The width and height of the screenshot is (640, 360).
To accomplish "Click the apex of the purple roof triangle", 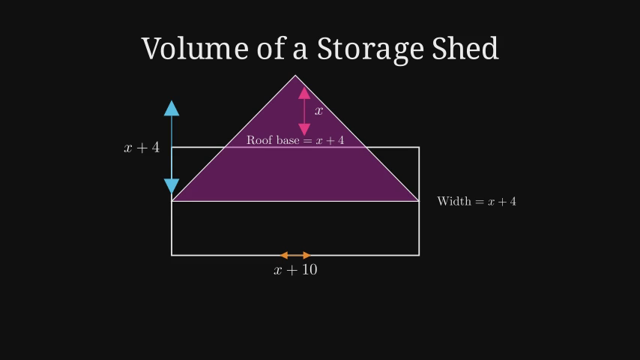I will coord(295,76).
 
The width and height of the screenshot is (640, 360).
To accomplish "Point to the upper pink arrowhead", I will coord(304,93).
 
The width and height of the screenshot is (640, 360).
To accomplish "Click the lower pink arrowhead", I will coord(304,129).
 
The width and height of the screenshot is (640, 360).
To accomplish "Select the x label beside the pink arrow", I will coord(319,111).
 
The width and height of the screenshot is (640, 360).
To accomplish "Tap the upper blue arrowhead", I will coord(172,108).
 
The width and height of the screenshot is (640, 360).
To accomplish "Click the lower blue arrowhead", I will coord(172,187).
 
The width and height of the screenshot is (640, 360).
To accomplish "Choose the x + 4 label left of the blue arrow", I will coord(142,148).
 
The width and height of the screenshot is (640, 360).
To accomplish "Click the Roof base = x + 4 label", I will coord(295,140).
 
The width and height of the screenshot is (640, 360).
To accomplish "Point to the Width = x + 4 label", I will coord(477,201).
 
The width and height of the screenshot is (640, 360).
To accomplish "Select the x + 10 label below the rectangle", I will coord(295,270).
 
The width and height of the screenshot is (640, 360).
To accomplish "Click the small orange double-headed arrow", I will coord(295,256).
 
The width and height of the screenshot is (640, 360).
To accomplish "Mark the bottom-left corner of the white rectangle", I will coord(172,256).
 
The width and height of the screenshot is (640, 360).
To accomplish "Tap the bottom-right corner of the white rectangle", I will coord(419,256).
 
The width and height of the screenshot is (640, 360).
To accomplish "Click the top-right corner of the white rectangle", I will coord(419,148).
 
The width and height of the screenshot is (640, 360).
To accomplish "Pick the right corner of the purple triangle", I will coord(418,201).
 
